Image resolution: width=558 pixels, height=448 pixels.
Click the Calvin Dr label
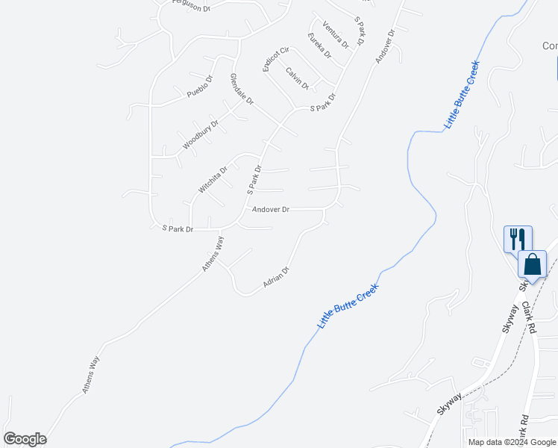297,78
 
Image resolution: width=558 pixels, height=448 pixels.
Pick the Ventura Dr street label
336,34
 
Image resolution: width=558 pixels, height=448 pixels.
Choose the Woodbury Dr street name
201,135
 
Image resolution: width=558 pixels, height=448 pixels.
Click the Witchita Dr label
213,180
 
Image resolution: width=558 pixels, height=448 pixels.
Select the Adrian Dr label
276,278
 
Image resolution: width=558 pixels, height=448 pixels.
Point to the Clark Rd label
530,317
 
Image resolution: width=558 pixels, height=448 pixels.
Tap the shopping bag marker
532,264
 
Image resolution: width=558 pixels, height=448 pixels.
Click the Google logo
25,439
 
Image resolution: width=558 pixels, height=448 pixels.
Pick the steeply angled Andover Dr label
384,46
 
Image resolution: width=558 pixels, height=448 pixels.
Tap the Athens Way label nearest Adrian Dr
213,254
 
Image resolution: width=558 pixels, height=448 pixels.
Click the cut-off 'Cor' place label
550,46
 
